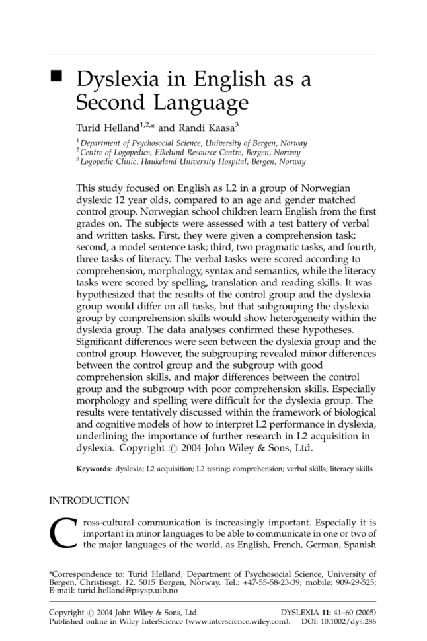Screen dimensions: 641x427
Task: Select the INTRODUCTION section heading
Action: [x=89, y=501]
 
